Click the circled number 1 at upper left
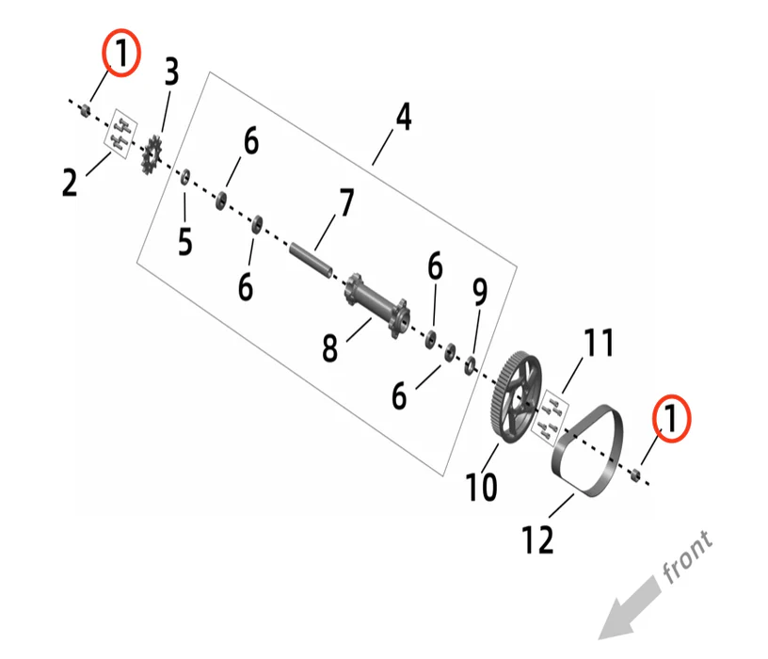(120, 55)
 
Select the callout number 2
(70, 182)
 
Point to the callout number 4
(403, 118)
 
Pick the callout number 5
(185, 241)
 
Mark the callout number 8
(329, 347)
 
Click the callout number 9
(480, 295)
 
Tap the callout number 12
(538, 539)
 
